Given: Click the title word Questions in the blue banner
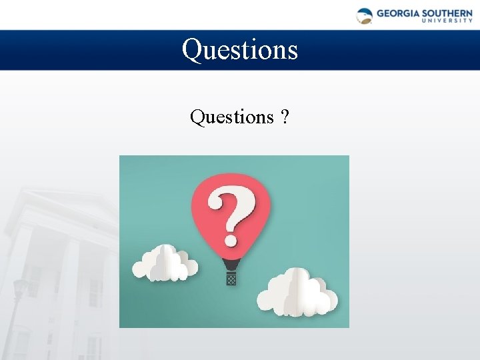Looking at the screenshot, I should (x=240, y=49).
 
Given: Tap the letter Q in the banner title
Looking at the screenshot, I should (x=193, y=50).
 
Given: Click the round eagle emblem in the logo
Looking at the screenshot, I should (x=365, y=16).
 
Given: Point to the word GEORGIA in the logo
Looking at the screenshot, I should (x=397, y=13).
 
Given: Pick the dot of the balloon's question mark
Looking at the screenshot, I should (x=231, y=238).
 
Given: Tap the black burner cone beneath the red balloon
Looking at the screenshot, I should (x=231, y=265).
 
